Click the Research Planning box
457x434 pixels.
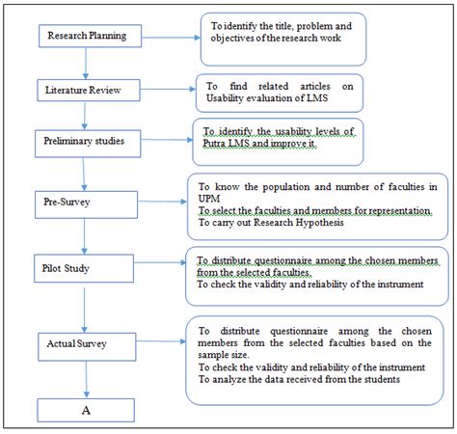click(90, 36)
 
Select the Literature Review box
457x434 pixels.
click(89, 91)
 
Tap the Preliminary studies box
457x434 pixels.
click(88, 144)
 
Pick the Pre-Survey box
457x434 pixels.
click(86, 204)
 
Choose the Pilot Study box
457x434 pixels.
click(84, 268)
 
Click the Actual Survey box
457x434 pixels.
click(87, 346)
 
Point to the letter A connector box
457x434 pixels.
click(86, 410)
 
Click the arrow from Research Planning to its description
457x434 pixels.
click(171, 38)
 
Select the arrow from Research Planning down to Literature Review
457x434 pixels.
click(86, 64)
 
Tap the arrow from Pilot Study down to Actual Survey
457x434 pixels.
click(84, 310)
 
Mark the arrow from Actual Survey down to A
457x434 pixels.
click(86, 380)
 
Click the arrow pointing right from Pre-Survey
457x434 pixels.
click(162, 202)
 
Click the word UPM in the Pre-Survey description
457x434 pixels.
click(209, 199)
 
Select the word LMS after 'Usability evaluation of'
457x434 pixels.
click(317, 97)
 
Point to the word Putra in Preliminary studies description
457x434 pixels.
click(214, 144)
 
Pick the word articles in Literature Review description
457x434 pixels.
click(315, 86)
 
